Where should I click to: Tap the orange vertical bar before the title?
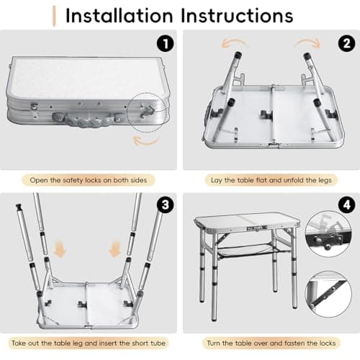pyautogui.click(x=55, y=15)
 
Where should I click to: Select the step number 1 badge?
pyautogui.click(x=165, y=42)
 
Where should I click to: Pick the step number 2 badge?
pyautogui.click(x=344, y=42)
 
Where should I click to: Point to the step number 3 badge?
pyautogui.click(x=165, y=205)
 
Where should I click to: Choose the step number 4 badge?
pyautogui.click(x=344, y=205)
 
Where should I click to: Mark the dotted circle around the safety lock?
pyautogui.click(x=148, y=110)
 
